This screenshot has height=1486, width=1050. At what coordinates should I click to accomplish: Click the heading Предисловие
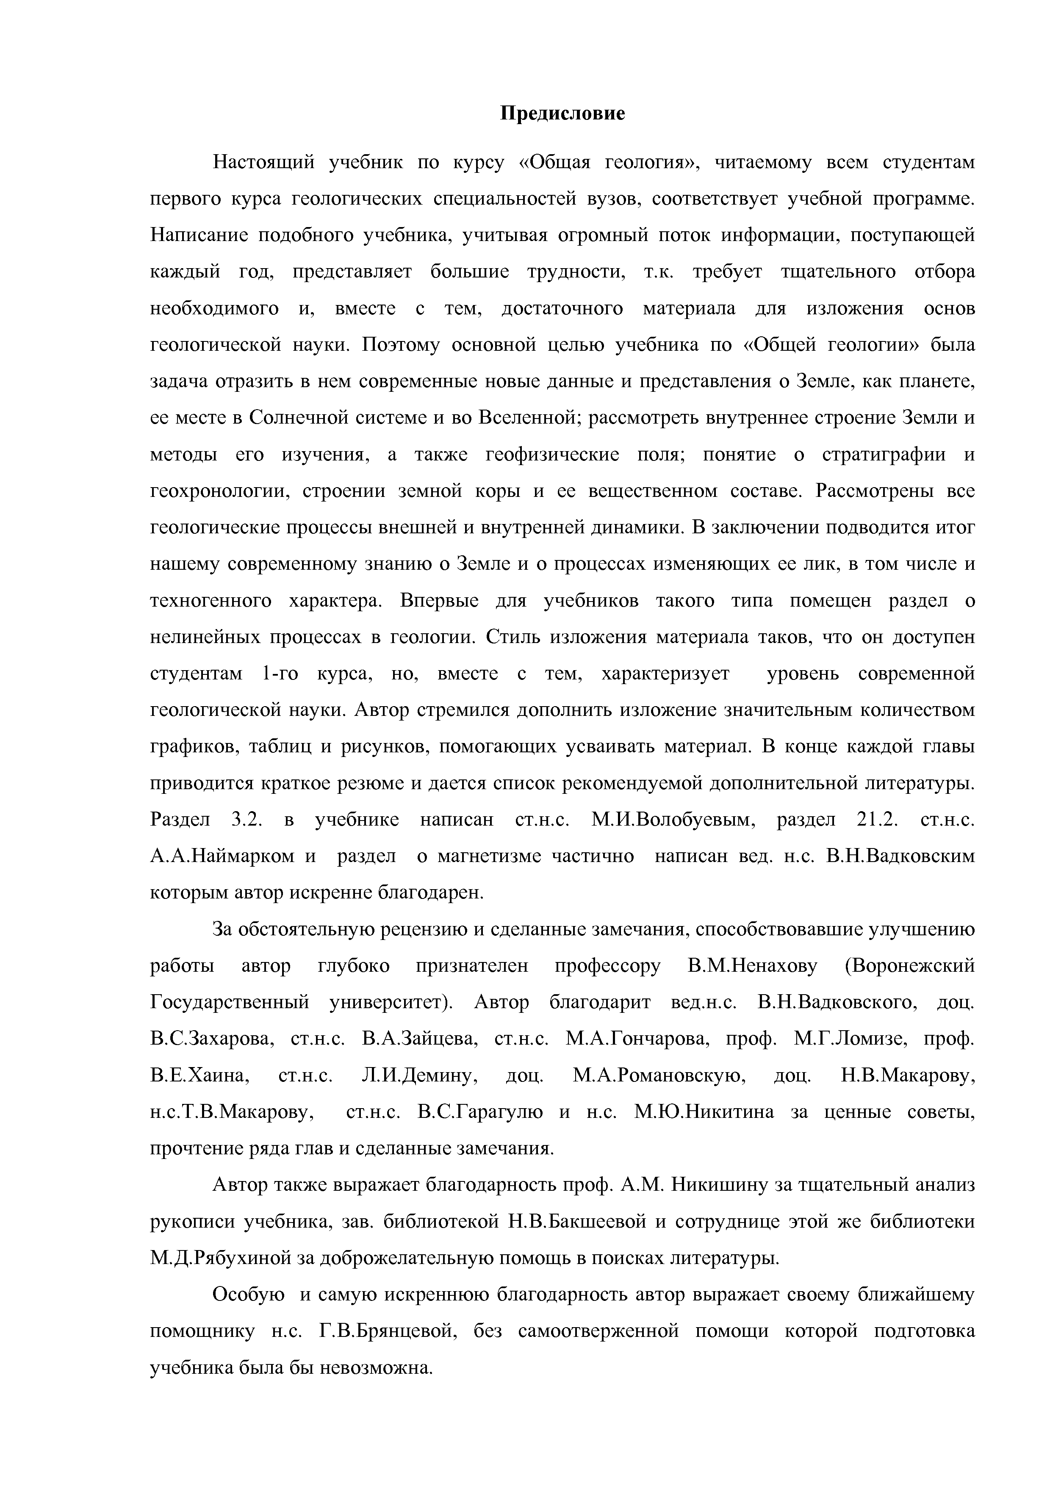tap(563, 114)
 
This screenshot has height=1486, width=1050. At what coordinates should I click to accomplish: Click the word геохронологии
tap(217, 492)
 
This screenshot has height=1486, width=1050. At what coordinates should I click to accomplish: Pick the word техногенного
tap(210, 601)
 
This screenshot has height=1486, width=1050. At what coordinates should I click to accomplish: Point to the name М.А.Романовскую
tap(660, 1076)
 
